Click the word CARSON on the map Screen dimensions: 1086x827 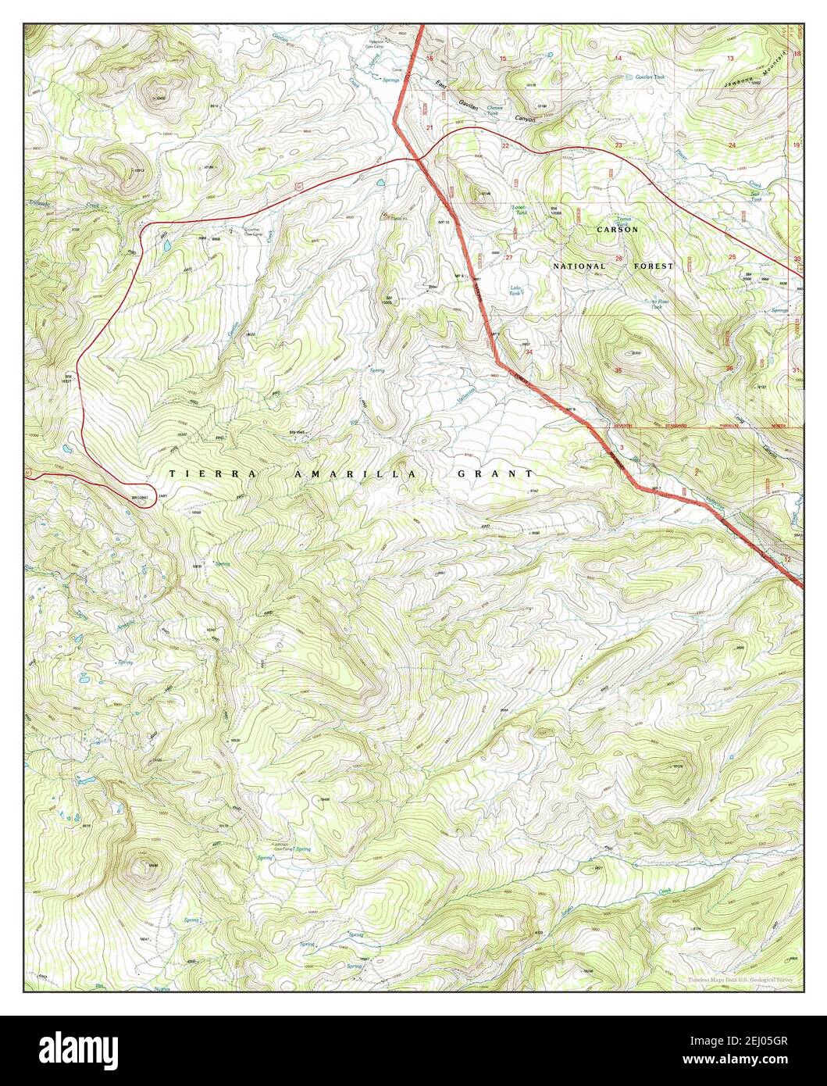coord(617,230)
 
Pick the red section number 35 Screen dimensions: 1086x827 coord(618,370)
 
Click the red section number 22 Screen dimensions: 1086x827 coord(505,146)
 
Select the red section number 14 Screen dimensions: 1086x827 coord(618,59)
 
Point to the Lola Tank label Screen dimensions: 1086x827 coord(515,290)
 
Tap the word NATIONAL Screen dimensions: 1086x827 coord(579,266)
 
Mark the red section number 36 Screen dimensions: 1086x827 coord(729,368)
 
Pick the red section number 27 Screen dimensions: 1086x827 coord(509,257)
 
